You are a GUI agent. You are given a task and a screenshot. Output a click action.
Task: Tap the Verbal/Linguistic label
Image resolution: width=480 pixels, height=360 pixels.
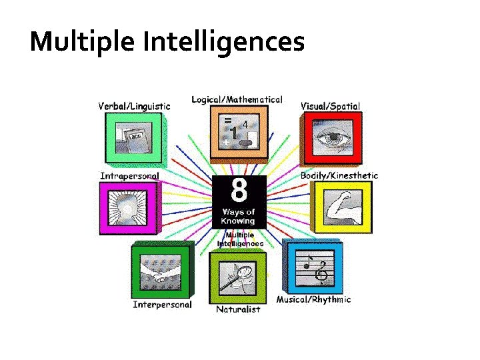134,105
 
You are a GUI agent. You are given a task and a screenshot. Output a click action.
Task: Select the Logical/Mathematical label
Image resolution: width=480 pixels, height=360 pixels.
237,99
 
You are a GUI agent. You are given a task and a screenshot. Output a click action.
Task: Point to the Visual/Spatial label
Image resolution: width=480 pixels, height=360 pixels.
331,105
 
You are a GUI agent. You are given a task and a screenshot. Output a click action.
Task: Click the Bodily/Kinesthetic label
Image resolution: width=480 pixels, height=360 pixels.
339,175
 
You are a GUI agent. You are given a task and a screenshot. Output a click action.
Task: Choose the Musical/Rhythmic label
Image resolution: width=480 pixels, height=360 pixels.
313,299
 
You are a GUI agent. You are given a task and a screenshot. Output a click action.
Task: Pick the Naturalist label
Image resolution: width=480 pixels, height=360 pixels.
238,309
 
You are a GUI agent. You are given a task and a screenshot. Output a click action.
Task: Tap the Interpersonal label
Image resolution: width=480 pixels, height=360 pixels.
162,305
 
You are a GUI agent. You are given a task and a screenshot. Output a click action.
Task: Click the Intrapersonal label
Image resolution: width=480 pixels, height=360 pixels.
129,176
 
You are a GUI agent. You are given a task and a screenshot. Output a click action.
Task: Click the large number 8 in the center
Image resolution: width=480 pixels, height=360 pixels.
238,191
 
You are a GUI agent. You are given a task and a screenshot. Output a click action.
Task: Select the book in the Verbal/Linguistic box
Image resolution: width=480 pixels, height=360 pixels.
133,138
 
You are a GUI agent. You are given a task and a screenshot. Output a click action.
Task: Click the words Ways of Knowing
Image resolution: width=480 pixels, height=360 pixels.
238,217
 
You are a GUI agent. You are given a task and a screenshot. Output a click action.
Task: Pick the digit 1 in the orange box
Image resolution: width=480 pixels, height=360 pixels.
235,132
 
